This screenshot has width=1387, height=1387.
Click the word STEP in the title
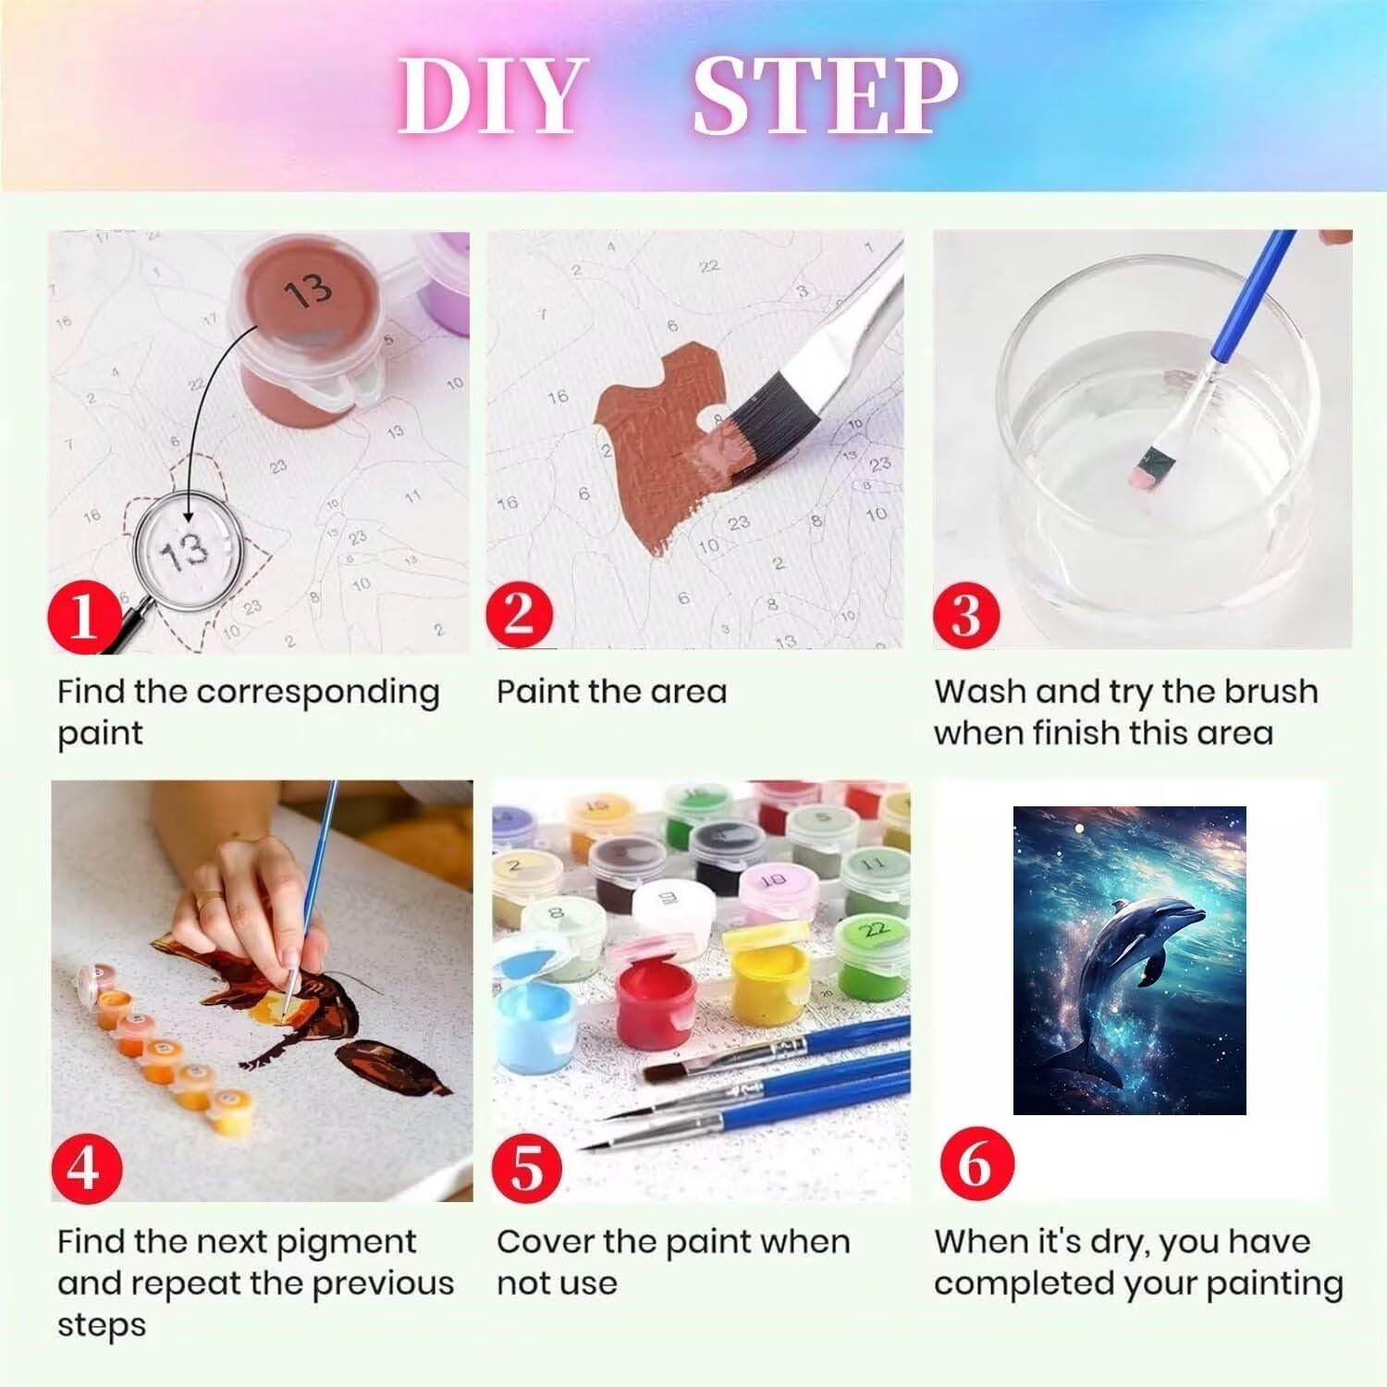(x=826, y=95)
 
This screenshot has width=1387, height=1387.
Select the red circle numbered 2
(x=521, y=613)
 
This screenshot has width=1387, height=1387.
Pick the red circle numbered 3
(x=967, y=613)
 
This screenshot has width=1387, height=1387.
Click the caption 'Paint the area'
(x=612, y=691)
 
